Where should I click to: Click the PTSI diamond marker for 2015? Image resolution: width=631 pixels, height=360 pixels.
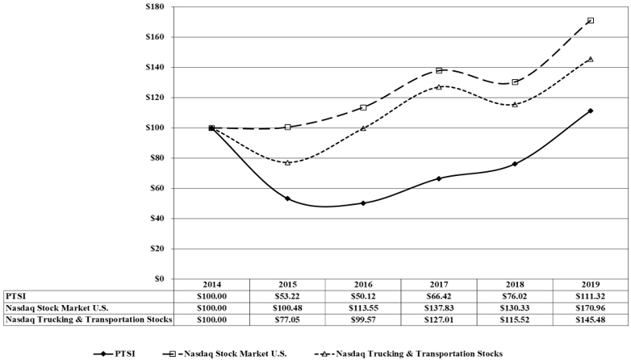point(287,199)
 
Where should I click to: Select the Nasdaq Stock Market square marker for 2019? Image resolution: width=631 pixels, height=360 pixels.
point(591,20)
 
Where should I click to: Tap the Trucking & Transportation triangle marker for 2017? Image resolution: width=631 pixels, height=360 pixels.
point(439,86)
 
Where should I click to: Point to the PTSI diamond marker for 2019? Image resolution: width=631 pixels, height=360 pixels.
point(591,111)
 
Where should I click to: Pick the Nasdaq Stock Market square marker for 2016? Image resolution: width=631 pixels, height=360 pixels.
point(363,107)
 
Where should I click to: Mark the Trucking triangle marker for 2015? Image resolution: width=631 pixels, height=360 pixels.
point(287,162)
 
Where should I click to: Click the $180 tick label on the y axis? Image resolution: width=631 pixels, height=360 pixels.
point(155,6)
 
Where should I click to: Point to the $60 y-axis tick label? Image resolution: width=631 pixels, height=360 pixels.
point(157,188)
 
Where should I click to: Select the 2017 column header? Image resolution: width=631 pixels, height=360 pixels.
point(439,285)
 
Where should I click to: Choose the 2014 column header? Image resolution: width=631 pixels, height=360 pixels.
point(211,285)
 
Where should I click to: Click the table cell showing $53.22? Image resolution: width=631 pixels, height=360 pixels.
point(287,296)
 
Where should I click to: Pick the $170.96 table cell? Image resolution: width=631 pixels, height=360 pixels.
point(591,308)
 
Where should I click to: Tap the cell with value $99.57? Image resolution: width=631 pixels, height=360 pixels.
point(363,320)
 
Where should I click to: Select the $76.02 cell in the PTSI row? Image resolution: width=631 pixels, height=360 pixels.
point(515,296)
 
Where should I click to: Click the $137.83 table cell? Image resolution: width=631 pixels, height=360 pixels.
point(439,308)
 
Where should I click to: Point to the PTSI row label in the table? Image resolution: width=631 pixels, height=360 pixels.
point(15,296)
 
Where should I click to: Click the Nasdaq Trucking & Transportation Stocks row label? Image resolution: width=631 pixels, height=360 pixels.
point(89,320)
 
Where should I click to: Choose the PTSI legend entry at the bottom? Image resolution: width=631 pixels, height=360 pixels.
point(115,354)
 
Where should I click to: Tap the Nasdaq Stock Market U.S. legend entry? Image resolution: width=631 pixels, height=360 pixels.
point(225,354)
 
